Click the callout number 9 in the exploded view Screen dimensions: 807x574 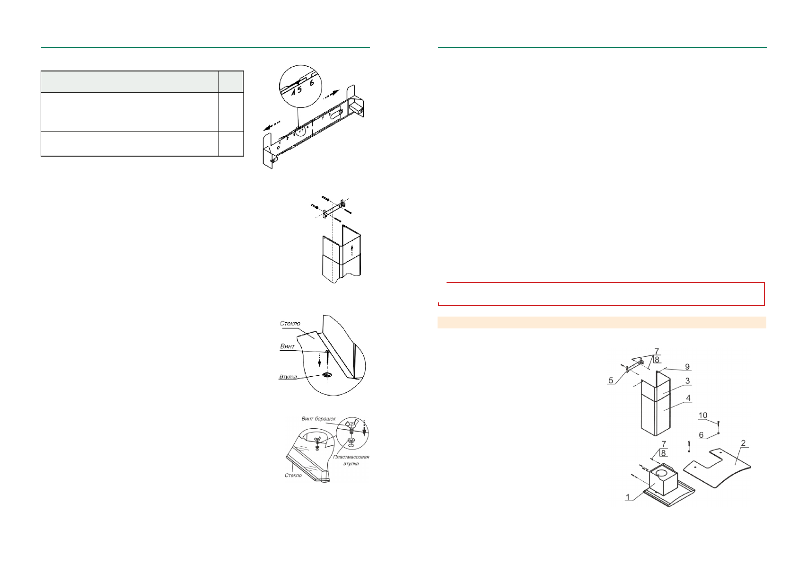click(687, 367)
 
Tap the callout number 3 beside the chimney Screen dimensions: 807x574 click(687, 380)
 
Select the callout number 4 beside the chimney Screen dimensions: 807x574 click(688, 398)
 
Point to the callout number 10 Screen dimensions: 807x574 click(703, 415)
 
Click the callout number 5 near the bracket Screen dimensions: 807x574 click(611, 380)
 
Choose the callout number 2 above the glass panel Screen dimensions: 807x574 click(743, 443)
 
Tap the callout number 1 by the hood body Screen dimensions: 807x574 click(628, 497)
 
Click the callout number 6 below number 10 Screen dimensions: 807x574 click(701, 435)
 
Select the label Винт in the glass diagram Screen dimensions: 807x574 click(287, 346)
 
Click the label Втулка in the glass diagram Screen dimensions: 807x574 click(288, 377)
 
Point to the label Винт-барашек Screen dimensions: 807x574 click(318, 419)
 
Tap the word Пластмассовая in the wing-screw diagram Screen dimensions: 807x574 click(351, 457)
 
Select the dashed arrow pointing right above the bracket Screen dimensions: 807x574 click(331, 96)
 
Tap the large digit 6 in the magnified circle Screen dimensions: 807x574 click(311, 83)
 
